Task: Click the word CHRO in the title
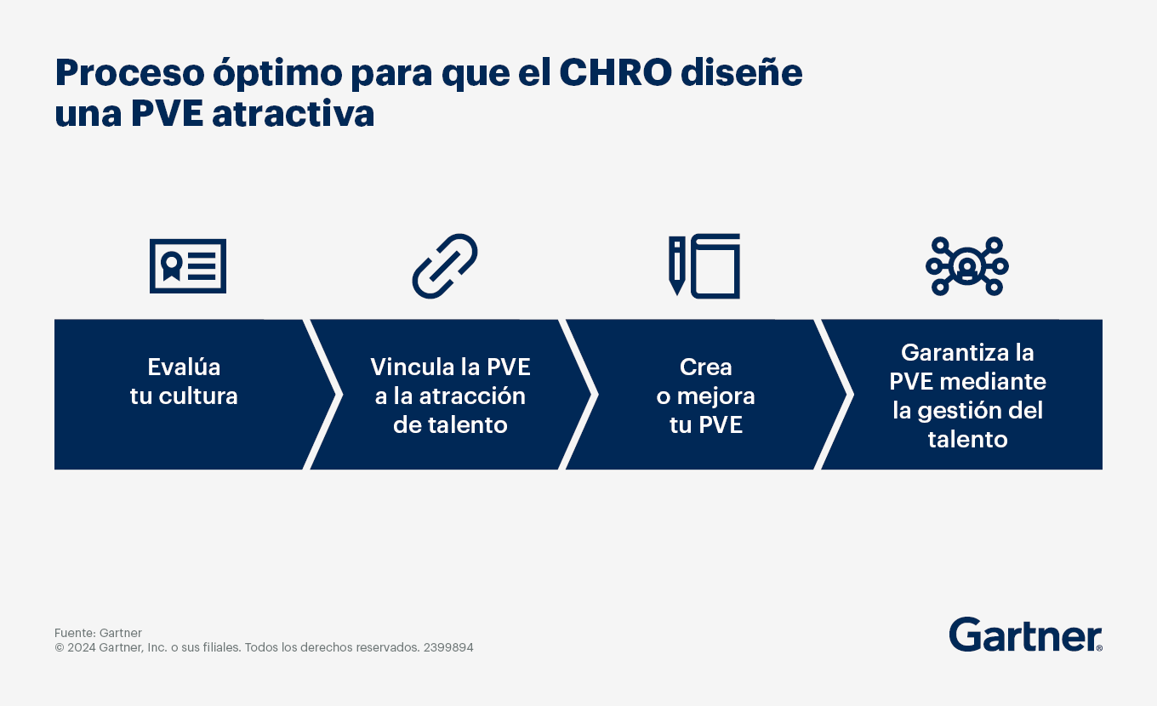coord(616,73)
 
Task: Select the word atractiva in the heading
coord(293,114)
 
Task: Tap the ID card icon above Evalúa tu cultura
coord(188,266)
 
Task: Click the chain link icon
coord(445,266)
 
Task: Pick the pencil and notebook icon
coord(704,266)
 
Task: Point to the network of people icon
coord(967,266)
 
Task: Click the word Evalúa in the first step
coord(184,367)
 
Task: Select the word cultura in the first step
coord(198,396)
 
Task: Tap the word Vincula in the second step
coord(411,367)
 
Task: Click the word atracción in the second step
coord(472,396)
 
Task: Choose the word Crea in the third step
coord(705,367)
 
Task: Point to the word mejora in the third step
coord(716,396)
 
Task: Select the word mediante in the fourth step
coord(993,382)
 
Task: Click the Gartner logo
coord(1025,635)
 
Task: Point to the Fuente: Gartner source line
coord(98,633)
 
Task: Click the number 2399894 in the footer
coord(448,647)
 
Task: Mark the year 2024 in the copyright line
coord(82,647)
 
